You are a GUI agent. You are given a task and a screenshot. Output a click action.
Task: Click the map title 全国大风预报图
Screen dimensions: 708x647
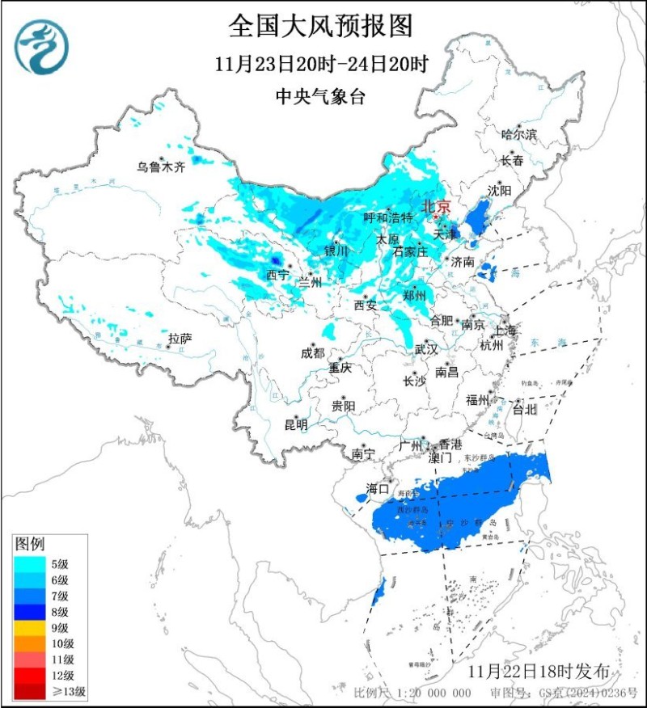(x=321, y=26)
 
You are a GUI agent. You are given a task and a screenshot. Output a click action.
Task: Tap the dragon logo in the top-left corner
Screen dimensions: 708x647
(x=41, y=46)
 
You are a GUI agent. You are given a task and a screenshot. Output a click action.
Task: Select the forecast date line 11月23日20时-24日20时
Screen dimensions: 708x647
(x=321, y=65)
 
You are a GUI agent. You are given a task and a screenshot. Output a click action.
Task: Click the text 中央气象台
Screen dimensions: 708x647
(x=321, y=97)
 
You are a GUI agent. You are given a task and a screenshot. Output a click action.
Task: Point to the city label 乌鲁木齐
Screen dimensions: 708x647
(x=160, y=167)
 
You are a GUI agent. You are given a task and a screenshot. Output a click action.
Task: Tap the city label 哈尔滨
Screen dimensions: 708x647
(x=518, y=135)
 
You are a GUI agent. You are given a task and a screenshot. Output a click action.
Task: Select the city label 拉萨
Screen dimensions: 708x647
(x=180, y=338)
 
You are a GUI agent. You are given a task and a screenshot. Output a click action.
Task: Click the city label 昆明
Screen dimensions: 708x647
(x=296, y=424)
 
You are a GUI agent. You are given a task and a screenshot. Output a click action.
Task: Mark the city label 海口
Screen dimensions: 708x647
(x=378, y=488)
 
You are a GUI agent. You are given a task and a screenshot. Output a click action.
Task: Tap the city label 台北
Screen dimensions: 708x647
(x=525, y=409)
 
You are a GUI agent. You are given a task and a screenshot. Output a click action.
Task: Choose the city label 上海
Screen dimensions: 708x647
(x=505, y=330)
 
